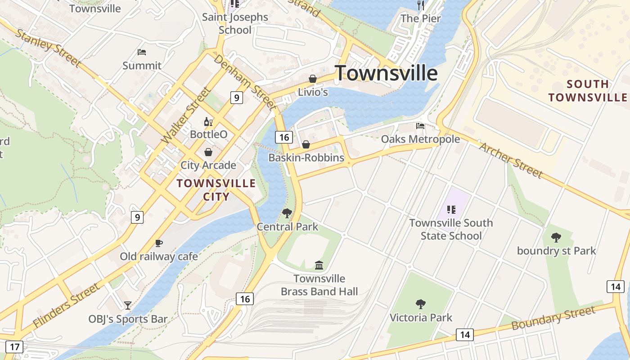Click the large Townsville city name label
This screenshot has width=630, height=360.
pos(386,73)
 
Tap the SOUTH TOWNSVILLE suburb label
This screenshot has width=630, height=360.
pos(588,90)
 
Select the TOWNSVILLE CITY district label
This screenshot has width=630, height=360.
pos(216,189)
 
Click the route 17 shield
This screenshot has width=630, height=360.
pos(15,347)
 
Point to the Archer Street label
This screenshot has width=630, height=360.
pos(511,160)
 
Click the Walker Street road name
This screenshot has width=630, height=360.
pos(185,116)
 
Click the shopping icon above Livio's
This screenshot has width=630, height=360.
pos(312,79)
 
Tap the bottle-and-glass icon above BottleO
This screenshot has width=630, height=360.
pos(208,121)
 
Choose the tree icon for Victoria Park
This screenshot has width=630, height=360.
pos(421,304)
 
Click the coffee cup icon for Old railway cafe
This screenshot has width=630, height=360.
pos(158,243)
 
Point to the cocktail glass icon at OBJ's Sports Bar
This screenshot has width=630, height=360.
pos(128,306)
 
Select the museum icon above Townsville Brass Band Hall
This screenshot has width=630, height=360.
pos(319,265)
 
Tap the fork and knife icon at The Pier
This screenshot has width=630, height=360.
pos(421,5)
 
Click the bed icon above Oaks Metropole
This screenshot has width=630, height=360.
pos(420,126)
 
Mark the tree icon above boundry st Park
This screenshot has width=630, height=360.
pos(556,237)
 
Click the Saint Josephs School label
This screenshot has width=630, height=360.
pos(235,23)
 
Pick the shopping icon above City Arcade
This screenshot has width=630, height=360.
pos(208,152)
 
